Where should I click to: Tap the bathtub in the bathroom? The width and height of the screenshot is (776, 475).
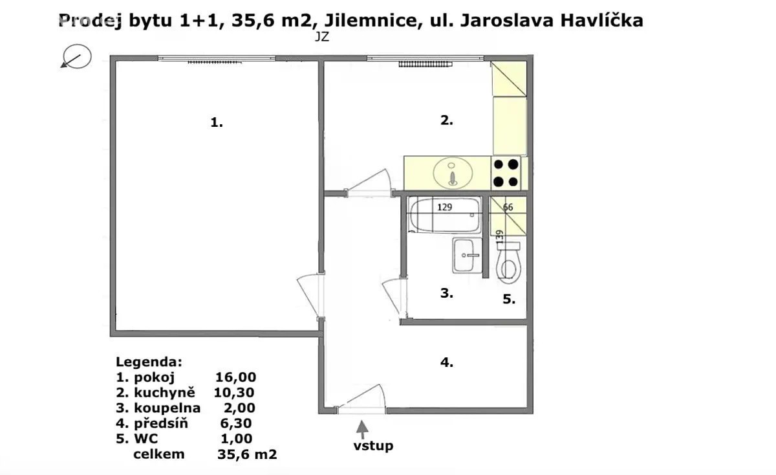445,215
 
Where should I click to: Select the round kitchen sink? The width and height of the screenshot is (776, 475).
453,173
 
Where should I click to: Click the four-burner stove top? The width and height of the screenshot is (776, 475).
506,173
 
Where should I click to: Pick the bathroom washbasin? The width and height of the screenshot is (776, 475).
467,256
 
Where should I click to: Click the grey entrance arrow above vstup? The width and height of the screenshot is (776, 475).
362,429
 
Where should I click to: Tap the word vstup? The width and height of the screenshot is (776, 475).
373,446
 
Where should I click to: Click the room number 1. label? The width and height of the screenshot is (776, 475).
217,122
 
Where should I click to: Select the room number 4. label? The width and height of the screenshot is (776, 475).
447,362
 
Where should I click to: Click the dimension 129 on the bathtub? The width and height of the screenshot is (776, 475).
445,207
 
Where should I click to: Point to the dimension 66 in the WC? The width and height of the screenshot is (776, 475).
508,207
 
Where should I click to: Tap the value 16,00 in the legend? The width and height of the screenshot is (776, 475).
235,377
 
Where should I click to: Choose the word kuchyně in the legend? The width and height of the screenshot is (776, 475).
164,392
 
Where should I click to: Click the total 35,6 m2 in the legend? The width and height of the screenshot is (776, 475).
247,454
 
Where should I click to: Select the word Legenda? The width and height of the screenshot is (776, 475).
149,362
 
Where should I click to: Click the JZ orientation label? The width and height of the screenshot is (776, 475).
322,37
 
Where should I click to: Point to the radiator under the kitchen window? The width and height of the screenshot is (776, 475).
426,64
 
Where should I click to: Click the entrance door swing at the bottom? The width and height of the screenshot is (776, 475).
362,399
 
